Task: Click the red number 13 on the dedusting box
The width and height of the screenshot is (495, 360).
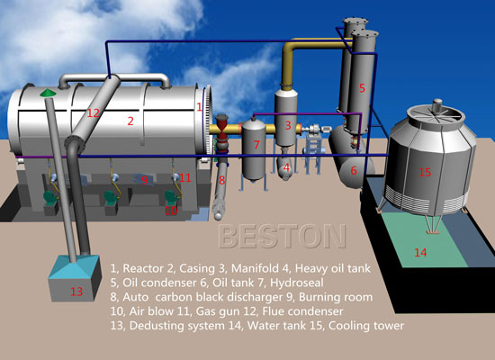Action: pyautogui.click(x=76, y=292)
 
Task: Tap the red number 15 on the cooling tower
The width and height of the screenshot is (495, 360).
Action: pyautogui.click(x=425, y=172)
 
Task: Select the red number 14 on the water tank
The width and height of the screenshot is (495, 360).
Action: pyautogui.click(x=420, y=252)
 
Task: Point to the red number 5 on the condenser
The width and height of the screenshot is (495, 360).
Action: pyautogui.click(x=362, y=88)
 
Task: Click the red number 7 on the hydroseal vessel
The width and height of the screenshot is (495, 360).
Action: pyautogui.click(x=256, y=145)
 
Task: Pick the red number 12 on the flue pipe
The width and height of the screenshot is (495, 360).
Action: pyautogui.click(x=93, y=113)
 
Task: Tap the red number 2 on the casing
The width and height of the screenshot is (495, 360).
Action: pyautogui.click(x=130, y=121)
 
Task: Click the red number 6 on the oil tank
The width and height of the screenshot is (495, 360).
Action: pyautogui.click(x=354, y=170)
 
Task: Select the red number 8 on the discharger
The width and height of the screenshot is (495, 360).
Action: pyautogui.click(x=222, y=180)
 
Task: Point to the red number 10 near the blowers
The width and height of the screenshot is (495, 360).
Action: pyautogui.click(x=171, y=211)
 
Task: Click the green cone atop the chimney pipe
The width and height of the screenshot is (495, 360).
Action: pyautogui.click(x=48, y=93)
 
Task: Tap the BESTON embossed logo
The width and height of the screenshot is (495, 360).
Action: pyautogui.click(x=282, y=236)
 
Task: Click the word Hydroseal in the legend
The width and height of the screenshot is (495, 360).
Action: pyautogui.click(x=297, y=283)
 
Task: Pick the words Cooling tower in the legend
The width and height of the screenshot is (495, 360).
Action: pyautogui.click(x=366, y=326)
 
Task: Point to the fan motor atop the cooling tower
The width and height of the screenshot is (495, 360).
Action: pyautogui.click(x=437, y=106)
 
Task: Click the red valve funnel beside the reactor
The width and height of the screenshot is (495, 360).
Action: pyautogui.click(x=222, y=121)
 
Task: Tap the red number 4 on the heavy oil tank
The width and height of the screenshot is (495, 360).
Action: pyautogui.click(x=286, y=167)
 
